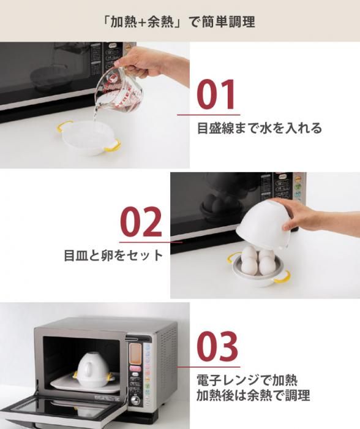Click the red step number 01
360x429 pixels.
coord(216,94)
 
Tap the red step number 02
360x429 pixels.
coord(141,222)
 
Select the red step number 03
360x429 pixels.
coord(217,347)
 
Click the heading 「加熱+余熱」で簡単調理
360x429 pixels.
coord(179,21)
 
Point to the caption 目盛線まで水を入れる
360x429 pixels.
coord(260,128)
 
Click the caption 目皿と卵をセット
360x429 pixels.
coord(113,255)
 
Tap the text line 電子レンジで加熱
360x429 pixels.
coord(247,381)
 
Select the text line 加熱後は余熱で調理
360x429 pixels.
coord(253,395)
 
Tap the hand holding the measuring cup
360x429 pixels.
coord(151,63)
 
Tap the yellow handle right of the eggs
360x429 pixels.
coord(282,276)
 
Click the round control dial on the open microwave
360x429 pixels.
coord(135,400)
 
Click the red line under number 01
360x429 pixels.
coord(209,115)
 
